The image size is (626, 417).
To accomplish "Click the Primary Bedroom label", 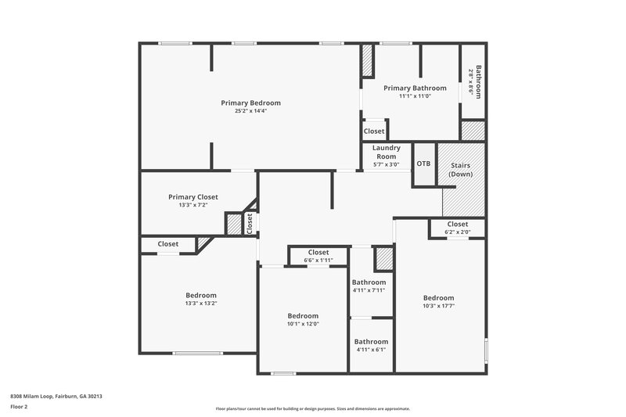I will (x=250, y=102).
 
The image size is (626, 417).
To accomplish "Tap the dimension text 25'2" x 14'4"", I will (x=250, y=111).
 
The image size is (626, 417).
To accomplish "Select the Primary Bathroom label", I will (x=415, y=88).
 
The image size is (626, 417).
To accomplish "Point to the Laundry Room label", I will (x=386, y=152).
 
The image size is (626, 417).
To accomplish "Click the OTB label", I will (x=423, y=164).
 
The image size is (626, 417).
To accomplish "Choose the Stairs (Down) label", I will (x=461, y=170).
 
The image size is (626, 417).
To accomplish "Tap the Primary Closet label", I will (x=193, y=197).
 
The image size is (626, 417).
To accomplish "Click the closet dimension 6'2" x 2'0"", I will (x=458, y=232).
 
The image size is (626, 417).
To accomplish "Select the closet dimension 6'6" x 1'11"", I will (x=318, y=260).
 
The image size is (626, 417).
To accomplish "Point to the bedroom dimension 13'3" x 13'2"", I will (x=200, y=303).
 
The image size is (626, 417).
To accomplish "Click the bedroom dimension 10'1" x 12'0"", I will (x=303, y=324).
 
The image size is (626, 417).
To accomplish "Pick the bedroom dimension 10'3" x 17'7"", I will (x=438, y=306).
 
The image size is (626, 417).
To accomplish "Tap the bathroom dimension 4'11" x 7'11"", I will (x=369, y=290).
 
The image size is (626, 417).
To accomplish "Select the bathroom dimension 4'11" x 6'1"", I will (x=371, y=350).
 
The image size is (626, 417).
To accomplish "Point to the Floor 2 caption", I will (x=19, y=407).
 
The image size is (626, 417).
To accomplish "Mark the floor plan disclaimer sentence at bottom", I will (x=312, y=408).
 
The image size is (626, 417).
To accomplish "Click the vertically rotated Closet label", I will (x=250, y=224).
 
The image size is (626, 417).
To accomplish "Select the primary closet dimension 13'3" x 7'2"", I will (x=193, y=205).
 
